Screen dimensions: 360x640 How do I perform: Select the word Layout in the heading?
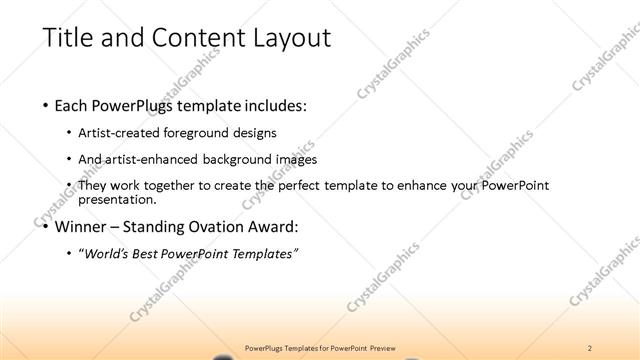283,38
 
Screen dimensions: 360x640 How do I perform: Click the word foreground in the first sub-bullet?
205,132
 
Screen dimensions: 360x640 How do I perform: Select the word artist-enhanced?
157,159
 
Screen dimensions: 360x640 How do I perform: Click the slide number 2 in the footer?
590,347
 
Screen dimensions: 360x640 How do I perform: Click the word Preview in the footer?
384,347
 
